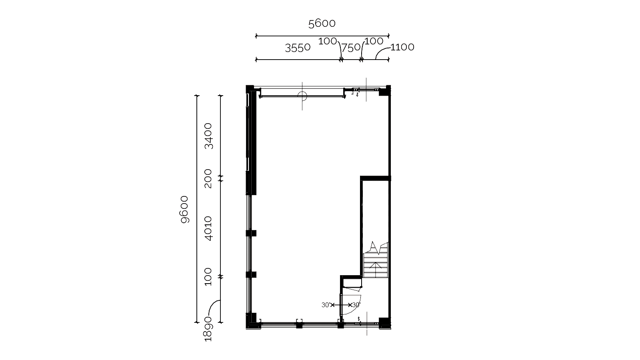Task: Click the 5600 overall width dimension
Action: [x=322, y=24]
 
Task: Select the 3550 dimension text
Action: [x=298, y=48]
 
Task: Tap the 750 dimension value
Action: [x=351, y=48]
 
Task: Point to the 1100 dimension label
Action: [x=402, y=47]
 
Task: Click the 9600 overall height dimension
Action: [x=185, y=210]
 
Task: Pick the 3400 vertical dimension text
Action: [x=208, y=136]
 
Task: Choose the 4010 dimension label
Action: [x=208, y=228]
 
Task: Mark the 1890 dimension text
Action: [x=208, y=329]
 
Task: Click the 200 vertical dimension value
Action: [x=208, y=178]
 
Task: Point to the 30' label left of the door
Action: [x=326, y=305]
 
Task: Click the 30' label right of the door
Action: [x=356, y=305]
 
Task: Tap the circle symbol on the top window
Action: [x=302, y=96]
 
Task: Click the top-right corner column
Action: [x=385, y=90]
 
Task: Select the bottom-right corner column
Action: [x=385, y=323]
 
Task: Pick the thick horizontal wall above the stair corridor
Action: [x=376, y=178]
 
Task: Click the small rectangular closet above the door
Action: [x=352, y=283]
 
